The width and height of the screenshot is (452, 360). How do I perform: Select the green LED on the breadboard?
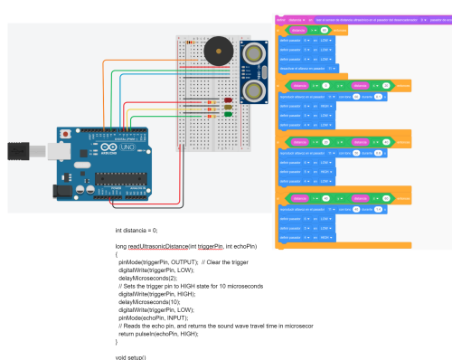229,113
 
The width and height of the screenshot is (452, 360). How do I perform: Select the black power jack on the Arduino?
61,192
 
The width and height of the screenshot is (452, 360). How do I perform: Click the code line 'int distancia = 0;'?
137,231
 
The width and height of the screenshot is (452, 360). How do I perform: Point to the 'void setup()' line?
131,357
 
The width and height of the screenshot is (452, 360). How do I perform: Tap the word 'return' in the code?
128,334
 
